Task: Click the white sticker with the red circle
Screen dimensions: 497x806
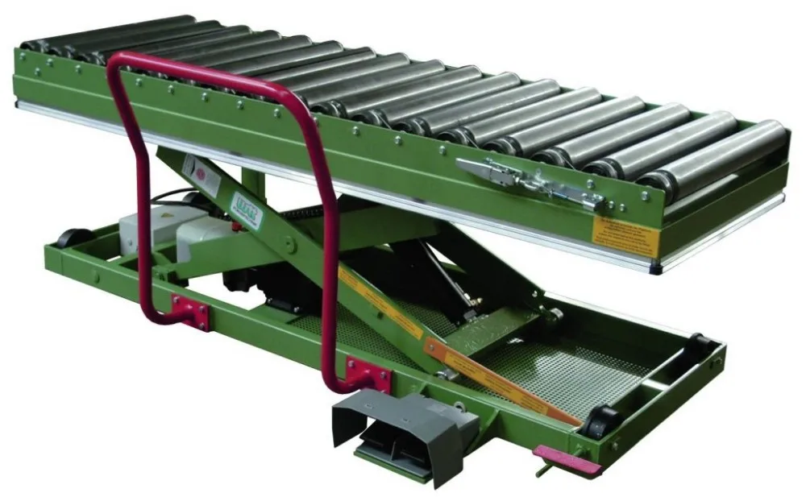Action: tap(191, 168)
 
